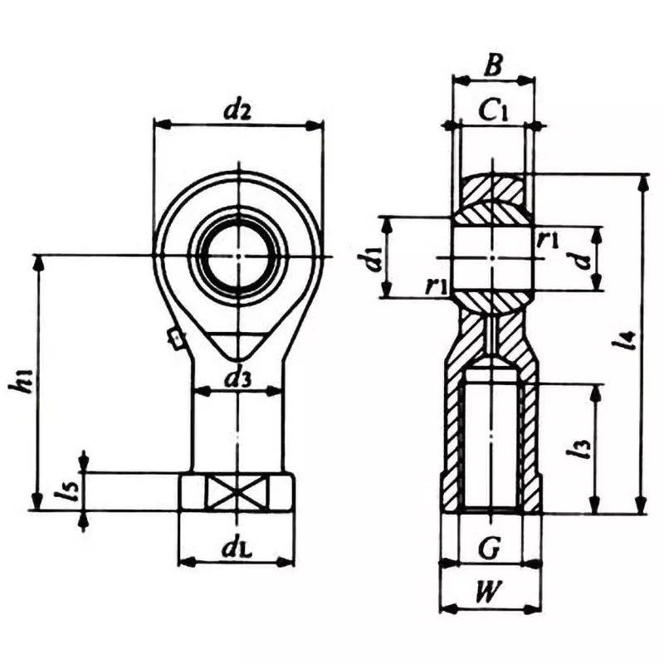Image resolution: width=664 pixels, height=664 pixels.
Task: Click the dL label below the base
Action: pyautogui.click(x=237, y=549)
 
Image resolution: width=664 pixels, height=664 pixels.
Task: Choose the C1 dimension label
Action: pyautogui.click(x=493, y=110)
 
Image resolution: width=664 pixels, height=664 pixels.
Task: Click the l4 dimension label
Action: pyautogui.click(x=628, y=340)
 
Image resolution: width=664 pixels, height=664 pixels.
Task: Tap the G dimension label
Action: pyautogui.click(x=490, y=547)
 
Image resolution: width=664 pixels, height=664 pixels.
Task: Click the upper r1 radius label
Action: pyautogui.click(x=547, y=241)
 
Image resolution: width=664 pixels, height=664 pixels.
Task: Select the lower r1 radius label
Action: pyautogui.click(x=434, y=285)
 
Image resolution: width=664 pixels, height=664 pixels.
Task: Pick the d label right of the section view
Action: pyautogui.click(x=584, y=258)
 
